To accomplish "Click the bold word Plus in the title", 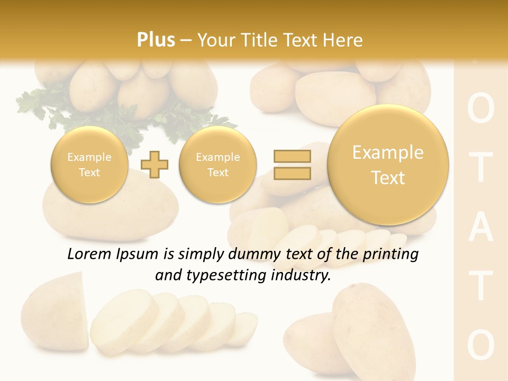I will pyautogui.click(x=156, y=40).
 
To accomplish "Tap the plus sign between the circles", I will pyautogui.click(x=154, y=165).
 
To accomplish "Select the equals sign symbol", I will pyautogui.click(x=292, y=165).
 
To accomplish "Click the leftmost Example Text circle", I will pyautogui.click(x=89, y=165).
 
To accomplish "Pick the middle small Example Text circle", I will pyautogui.click(x=217, y=165).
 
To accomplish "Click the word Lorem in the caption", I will pyautogui.click(x=89, y=254).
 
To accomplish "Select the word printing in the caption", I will pyautogui.click(x=391, y=254).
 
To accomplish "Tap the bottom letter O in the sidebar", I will pyautogui.click(x=481, y=345).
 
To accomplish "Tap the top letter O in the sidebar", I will pyautogui.click(x=481, y=110).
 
